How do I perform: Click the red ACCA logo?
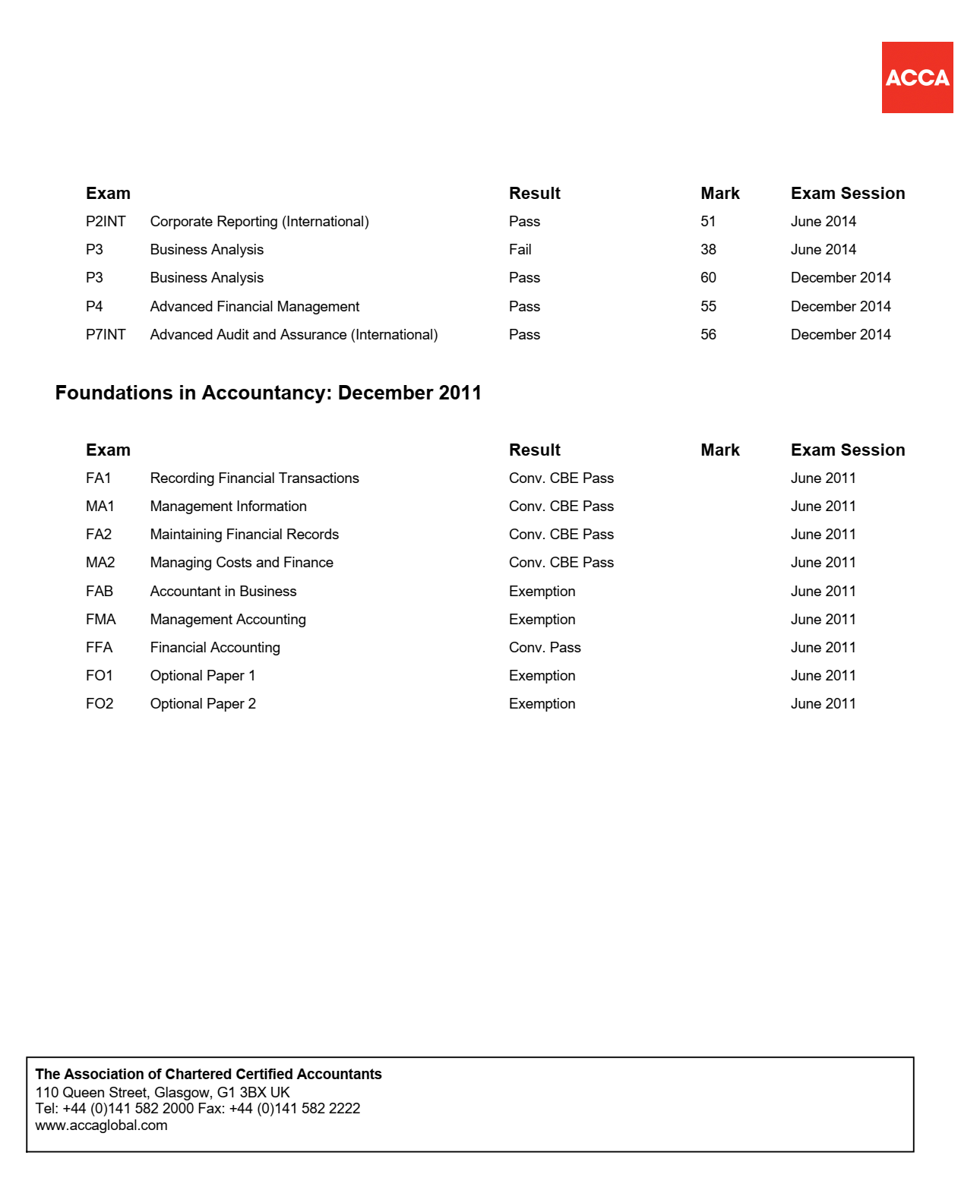(x=917, y=77)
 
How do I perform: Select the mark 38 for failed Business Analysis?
(x=708, y=250)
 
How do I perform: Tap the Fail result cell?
(x=520, y=250)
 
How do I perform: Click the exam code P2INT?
(x=106, y=222)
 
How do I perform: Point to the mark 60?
(x=708, y=278)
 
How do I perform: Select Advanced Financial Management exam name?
(x=254, y=307)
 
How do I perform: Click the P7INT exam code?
(x=106, y=335)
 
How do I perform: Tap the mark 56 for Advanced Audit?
(x=708, y=335)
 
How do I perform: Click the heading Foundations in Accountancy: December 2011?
(x=268, y=393)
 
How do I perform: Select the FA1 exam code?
(x=99, y=478)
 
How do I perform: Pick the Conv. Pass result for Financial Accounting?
(x=545, y=648)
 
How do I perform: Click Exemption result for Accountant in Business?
(x=542, y=592)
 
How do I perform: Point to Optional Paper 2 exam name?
(x=203, y=704)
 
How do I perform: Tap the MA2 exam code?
(x=100, y=563)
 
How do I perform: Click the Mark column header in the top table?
(x=719, y=194)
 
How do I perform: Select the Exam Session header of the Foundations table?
(x=848, y=450)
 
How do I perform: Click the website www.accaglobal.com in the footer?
(x=101, y=1125)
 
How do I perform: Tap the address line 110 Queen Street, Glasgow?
(x=163, y=1093)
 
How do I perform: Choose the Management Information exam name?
(x=228, y=507)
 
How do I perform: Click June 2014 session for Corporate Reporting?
(x=823, y=222)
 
